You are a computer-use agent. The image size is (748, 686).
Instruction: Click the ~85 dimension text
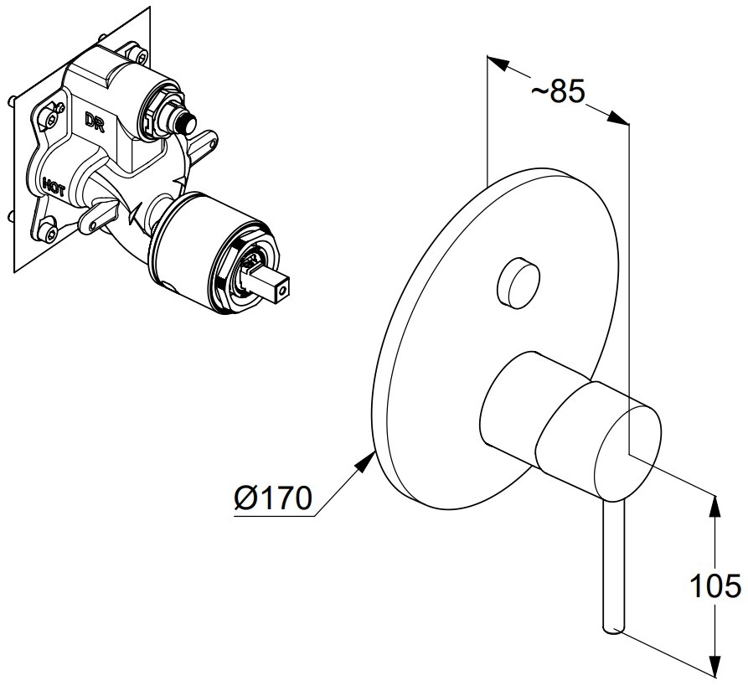pos(557,92)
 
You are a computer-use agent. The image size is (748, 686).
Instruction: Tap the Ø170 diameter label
pos(272,500)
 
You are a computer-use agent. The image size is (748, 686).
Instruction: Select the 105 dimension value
pos(714,588)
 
